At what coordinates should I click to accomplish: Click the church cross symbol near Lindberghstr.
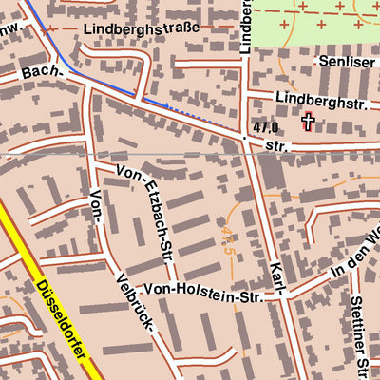pyautogui.click(x=308, y=121)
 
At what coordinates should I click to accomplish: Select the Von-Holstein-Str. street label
pyautogui.click(x=211, y=293)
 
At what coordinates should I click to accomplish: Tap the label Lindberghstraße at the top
pyautogui.click(x=142, y=28)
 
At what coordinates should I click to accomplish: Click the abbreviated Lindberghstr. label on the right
pyautogui.click(x=318, y=98)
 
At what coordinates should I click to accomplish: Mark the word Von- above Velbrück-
pyautogui.click(x=97, y=207)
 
